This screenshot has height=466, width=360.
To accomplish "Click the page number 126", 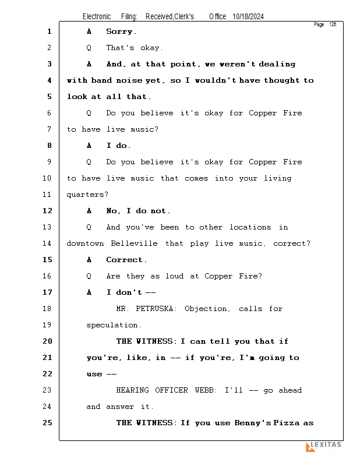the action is [333, 24].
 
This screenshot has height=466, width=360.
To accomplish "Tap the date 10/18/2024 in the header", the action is [248, 17].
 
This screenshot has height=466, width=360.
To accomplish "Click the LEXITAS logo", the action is [324, 446].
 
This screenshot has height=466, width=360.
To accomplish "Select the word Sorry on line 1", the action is [119, 31].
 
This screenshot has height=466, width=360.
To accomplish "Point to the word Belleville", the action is [134, 243].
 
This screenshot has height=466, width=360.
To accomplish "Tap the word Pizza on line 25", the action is [286, 423].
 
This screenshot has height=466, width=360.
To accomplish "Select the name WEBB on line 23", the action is [204, 390].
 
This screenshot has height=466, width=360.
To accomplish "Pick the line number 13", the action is [47, 227].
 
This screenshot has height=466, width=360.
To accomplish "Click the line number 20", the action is [47, 341].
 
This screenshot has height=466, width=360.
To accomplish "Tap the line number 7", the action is [49, 129].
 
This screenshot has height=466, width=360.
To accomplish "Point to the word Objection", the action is [206, 309].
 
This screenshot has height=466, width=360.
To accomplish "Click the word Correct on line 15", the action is [124, 260].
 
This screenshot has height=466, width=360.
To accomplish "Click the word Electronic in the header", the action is [97, 17].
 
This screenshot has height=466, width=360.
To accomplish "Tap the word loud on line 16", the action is [175, 276].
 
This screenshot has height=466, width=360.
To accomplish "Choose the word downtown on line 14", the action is [85, 243].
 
